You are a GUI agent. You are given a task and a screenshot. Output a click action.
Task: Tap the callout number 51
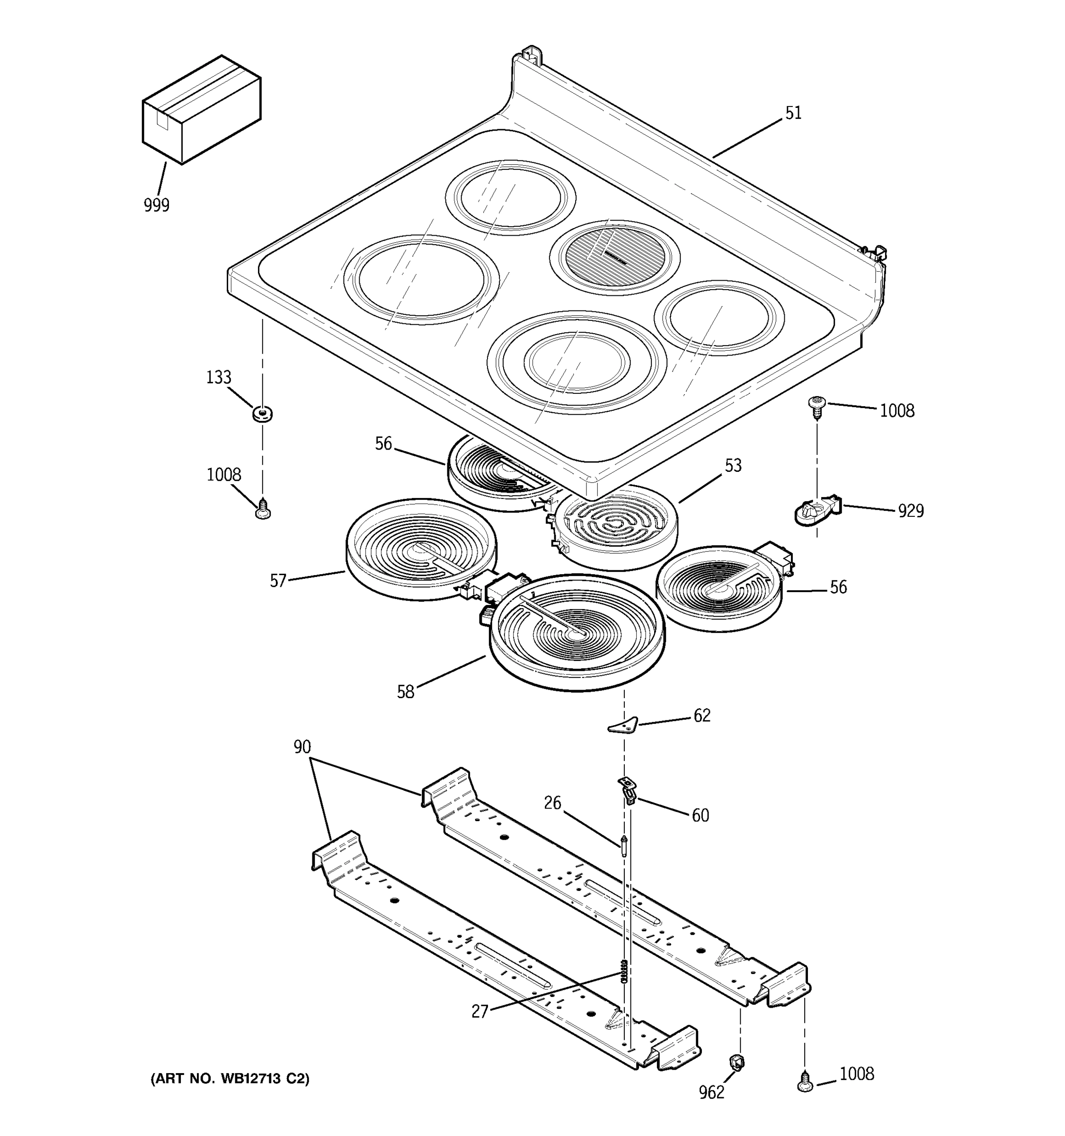tap(793, 113)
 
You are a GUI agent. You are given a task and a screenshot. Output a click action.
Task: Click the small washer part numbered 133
tap(262, 413)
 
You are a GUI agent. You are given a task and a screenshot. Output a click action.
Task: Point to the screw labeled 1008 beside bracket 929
tap(816, 408)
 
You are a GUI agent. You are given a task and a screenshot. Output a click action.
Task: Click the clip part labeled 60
tap(627, 790)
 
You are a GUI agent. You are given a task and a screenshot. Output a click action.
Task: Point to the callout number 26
tap(552, 803)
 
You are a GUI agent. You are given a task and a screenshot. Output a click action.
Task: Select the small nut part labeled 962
tap(737, 1062)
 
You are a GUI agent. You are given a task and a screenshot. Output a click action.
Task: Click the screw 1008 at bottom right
tap(805, 1081)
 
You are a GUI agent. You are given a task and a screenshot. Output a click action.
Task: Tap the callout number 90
tap(302, 746)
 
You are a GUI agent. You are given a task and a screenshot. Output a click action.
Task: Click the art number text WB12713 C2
tap(230, 1079)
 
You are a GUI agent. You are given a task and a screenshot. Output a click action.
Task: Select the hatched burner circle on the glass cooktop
tap(615, 257)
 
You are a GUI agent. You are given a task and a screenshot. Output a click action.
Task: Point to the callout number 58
tap(405, 692)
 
